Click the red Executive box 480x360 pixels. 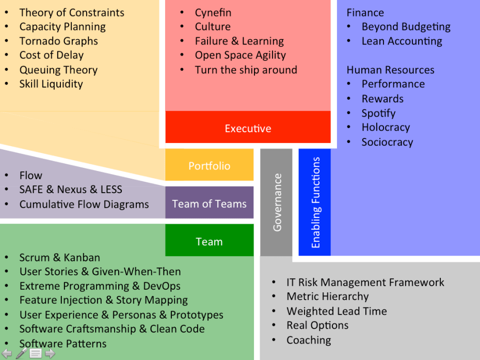(x=248, y=128)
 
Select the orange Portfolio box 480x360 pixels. (x=209, y=165)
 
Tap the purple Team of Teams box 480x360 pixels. (x=209, y=204)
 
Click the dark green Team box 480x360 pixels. (x=209, y=241)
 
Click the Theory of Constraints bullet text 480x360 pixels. (x=72, y=12)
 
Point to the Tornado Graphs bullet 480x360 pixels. (x=58, y=41)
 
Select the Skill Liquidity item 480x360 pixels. (x=51, y=84)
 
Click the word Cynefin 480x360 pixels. (x=213, y=12)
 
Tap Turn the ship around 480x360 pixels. (x=246, y=70)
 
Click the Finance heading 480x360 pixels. (x=365, y=12)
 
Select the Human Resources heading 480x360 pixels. (x=390, y=70)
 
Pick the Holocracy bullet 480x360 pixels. (x=386, y=128)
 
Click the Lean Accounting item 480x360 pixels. (x=402, y=41)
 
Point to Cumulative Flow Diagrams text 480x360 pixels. (x=84, y=205)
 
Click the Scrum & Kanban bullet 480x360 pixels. (x=60, y=257)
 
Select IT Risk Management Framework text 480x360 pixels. (x=365, y=283)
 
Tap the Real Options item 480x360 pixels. (x=317, y=325)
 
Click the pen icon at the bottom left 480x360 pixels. (x=22, y=353)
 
